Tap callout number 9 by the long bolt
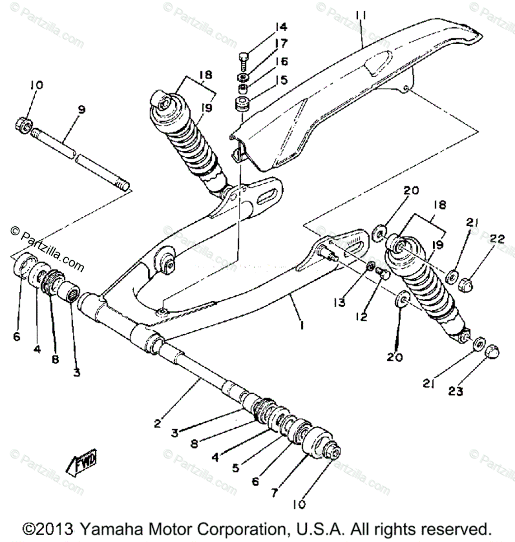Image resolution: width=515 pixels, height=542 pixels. (81, 110)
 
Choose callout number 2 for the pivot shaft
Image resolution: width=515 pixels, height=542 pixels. (157, 423)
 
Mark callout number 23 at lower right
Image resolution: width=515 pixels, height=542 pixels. (456, 392)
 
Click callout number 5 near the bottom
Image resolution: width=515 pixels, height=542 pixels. (235, 468)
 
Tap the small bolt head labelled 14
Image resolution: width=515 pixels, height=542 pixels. (243, 58)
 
